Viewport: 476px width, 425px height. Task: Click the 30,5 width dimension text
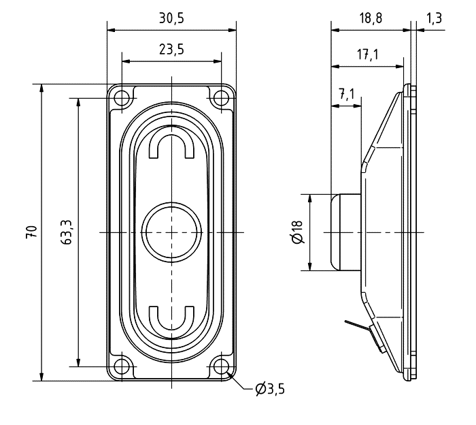[171, 18]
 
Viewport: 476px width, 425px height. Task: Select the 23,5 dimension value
[171, 49]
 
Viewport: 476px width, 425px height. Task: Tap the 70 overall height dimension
[32, 232]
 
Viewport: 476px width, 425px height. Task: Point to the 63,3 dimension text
[66, 232]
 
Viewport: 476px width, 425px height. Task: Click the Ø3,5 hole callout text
[270, 389]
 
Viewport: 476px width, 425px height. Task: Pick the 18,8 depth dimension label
[371, 18]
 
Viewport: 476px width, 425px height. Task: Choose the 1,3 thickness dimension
[434, 18]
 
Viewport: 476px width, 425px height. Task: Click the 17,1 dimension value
[367, 54]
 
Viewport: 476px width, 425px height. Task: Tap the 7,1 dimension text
[347, 94]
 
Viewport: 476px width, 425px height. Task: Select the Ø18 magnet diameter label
[297, 232]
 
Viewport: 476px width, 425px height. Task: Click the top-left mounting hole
[122, 98]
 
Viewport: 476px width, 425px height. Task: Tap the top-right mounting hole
[221, 98]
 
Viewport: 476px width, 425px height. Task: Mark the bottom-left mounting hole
[122, 366]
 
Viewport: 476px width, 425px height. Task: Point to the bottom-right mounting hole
[221, 366]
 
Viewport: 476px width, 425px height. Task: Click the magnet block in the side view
[346, 232]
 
